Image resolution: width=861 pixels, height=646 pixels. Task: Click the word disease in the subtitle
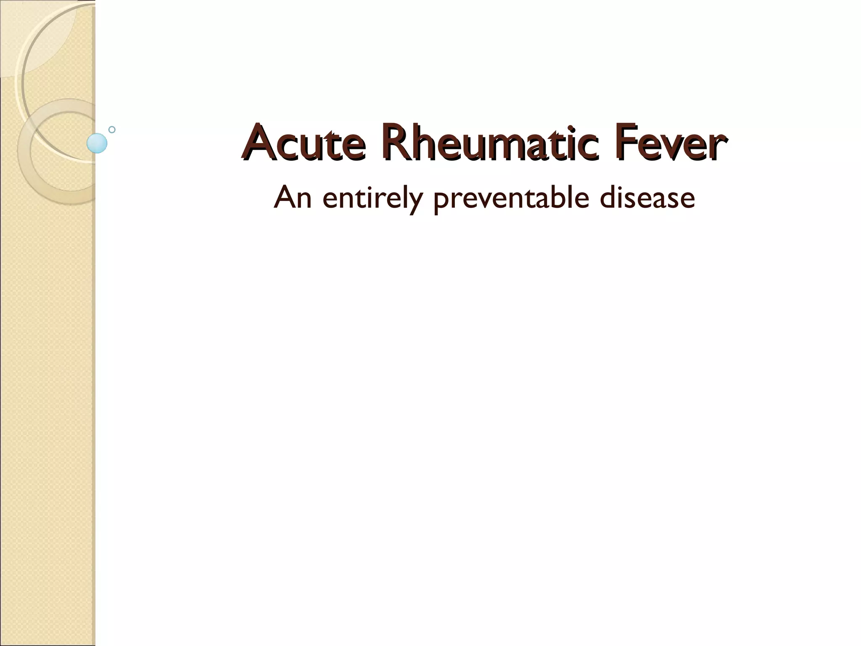647,197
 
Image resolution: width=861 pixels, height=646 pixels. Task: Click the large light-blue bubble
97,143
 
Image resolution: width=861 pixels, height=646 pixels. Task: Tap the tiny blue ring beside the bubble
112,130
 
